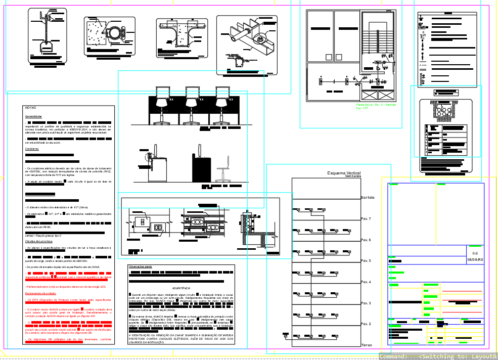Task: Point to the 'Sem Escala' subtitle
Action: coord(353,176)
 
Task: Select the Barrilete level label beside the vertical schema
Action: coord(368,197)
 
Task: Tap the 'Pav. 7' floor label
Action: coord(366,219)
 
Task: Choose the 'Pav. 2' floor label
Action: coord(366,324)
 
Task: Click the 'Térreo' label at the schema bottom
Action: coord(367,345)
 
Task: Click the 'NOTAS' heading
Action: coord(30,108)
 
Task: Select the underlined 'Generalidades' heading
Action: coord(33,117)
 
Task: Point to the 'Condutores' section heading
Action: coord(32,149)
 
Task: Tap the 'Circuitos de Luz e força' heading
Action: coord(39,242)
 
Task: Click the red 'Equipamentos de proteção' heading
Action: coord(40,293)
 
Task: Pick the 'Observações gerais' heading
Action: coord(141,266)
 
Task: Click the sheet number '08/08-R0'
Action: coord(475,259)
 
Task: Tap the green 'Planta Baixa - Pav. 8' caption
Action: coord(376,105)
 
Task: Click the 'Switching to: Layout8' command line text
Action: coord(458,356)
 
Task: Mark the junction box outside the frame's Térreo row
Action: coord(286,334)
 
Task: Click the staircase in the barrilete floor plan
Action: coord(378,40)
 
